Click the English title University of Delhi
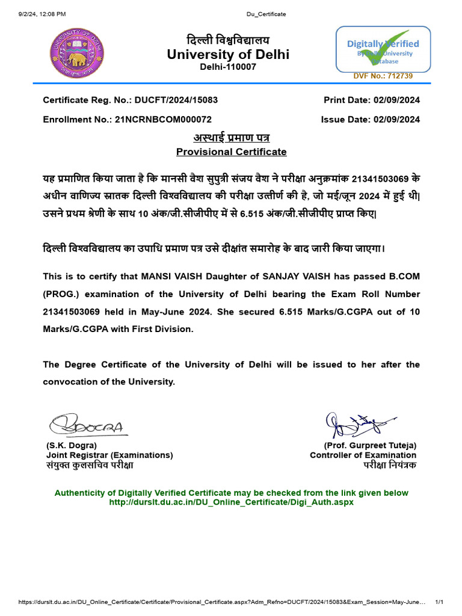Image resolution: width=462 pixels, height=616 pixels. coord(228,55)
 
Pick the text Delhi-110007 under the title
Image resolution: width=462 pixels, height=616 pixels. coord(228,67)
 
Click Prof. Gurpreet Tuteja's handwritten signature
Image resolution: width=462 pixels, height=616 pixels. coord(359,425)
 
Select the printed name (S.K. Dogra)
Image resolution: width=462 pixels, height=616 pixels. coord(71,446)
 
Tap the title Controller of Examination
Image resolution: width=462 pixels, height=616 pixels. coord(363,455)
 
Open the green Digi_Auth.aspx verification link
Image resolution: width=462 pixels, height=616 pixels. coord(231,502)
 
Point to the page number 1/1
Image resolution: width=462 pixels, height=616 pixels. coord(439,602)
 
